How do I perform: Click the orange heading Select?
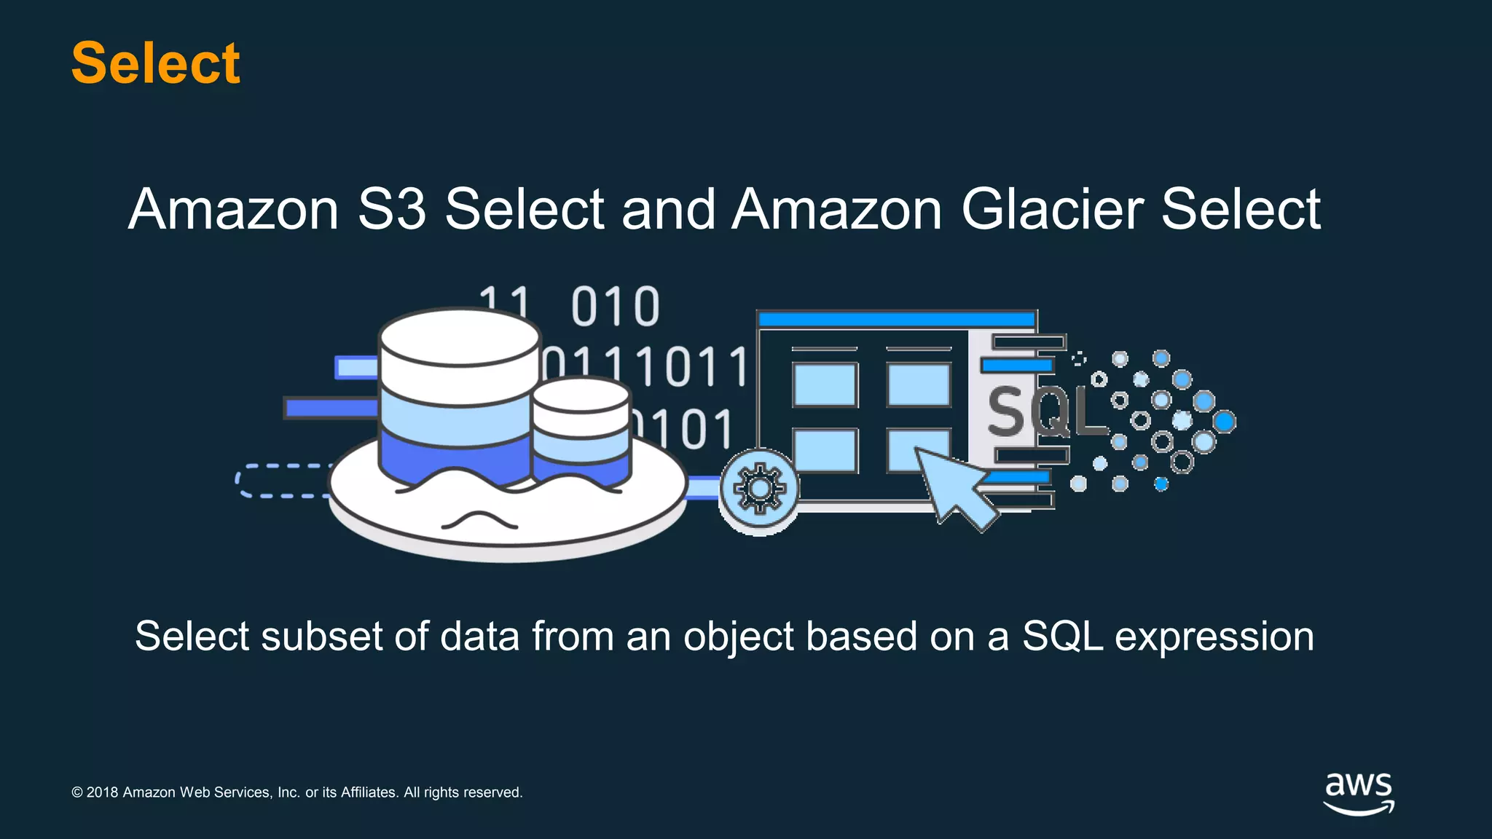tap(155, 63)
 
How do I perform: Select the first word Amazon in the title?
tap(233, 210)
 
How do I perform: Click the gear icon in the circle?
tap(759, 489)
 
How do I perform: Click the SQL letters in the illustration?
tap(1045, 412)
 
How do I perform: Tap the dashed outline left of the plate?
tap(280, 481)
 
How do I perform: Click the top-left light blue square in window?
tap(825, 385)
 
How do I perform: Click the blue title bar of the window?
tap(896, 319)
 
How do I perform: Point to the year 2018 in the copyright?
tap(102, 792)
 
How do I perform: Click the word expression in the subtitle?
tap(1214, 637)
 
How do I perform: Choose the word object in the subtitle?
tap(736, 637)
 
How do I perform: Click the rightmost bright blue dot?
tap(1224, 421)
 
